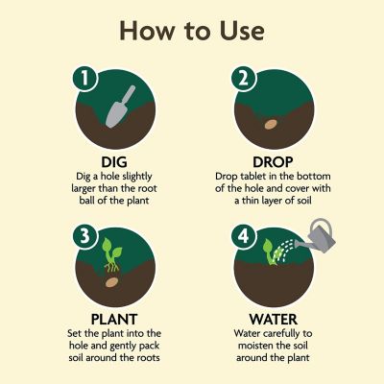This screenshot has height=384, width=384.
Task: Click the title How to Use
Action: pos(191,30)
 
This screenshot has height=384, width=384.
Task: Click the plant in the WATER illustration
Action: pos(270,252)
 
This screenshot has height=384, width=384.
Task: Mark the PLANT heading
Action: pos(114,318)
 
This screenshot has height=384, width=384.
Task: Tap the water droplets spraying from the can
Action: pos(285,252)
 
